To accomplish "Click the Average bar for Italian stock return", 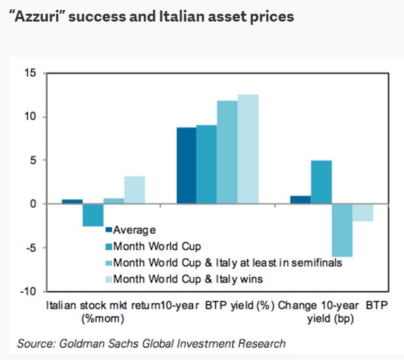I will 72,201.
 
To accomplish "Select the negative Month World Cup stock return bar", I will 93,215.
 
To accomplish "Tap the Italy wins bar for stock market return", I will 134,190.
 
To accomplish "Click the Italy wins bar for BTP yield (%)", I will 248,149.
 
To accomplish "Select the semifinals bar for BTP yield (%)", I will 227,152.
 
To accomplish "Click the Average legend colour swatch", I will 109,230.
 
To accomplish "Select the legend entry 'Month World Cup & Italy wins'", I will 186,280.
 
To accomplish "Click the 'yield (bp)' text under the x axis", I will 330,319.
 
